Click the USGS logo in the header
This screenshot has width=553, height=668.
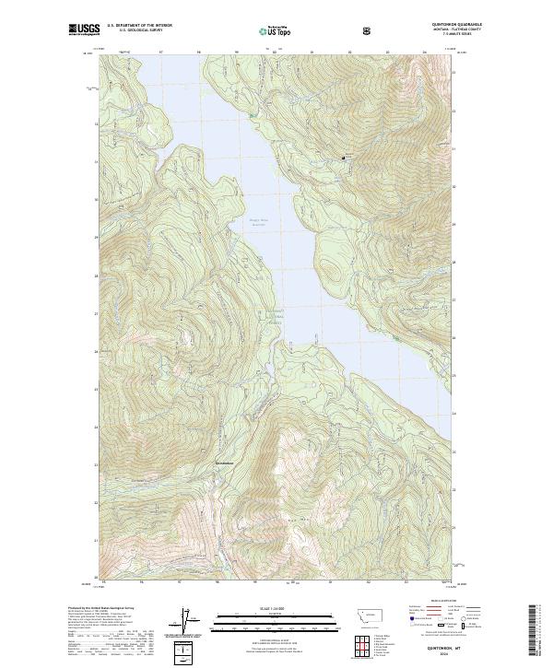pyautogui.click(x=85, y=29)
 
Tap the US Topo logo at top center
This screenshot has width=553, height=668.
pyautogui.click(x=276, y=30)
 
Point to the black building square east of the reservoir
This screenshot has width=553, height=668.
pyautogui.click(x=346, y=158)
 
